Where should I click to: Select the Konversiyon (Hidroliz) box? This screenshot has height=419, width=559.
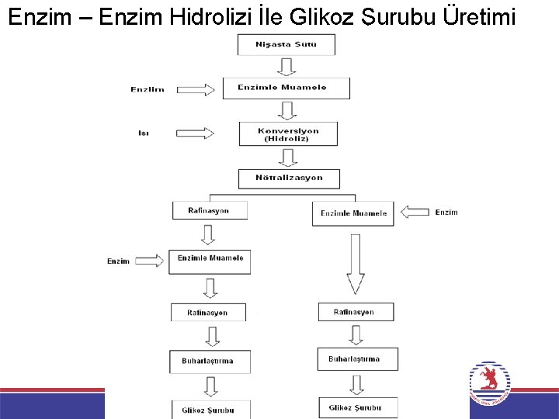coord(288,134)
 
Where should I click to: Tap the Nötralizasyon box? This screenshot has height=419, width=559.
coord(289,178)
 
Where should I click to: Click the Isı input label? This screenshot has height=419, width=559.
coord(144,133)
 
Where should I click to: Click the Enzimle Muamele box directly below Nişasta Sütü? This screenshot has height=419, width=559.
coord(286,88)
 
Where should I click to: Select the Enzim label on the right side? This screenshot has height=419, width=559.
coord(446,212)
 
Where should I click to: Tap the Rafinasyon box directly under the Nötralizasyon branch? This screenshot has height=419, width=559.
coord(209,210)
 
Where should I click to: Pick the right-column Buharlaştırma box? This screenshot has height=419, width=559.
coord(357,358)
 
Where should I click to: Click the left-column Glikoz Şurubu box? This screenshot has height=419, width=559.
coord(208,409)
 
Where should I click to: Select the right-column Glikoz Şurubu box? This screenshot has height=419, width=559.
coord(357,407)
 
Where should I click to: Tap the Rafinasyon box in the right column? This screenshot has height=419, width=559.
coord(356,312)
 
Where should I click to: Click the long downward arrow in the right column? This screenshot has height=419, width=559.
coord(356,264)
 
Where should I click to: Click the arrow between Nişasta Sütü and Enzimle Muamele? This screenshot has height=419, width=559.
coord(286,66)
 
